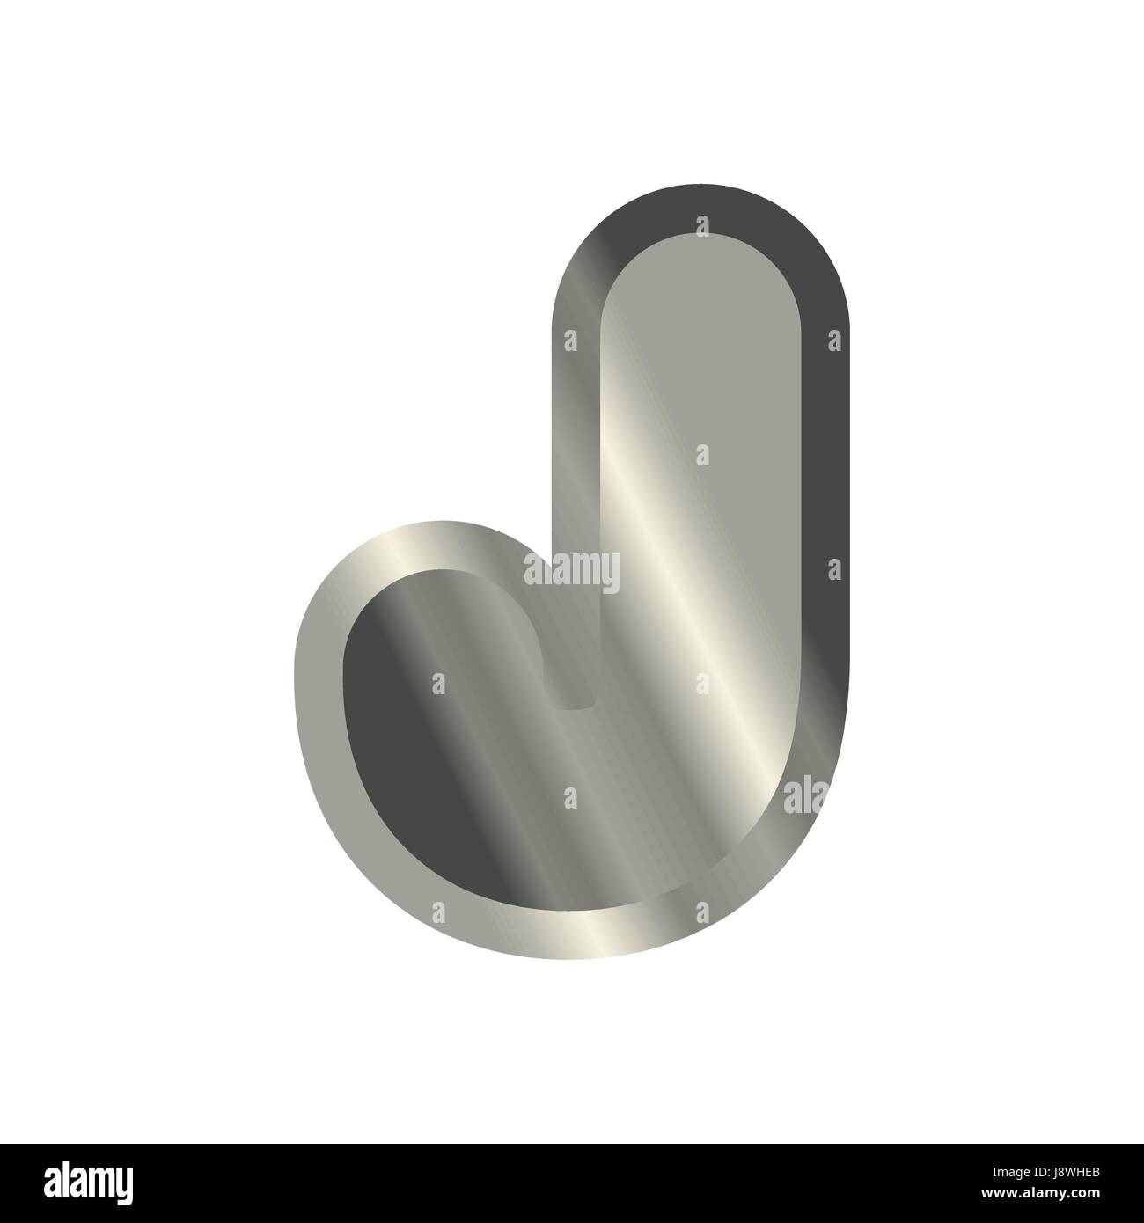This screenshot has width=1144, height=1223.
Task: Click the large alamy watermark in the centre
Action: pos(571,572)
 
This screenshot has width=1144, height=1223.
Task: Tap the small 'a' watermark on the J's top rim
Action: pos(701,227)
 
